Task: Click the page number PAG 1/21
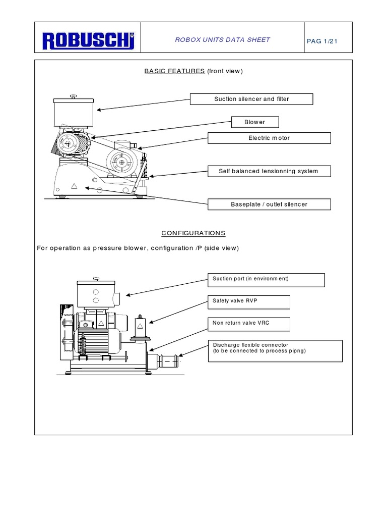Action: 321,41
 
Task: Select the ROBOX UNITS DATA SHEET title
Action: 222,40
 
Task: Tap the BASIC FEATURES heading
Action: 174,71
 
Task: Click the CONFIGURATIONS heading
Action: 193,233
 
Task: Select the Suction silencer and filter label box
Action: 251,99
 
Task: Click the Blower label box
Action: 254,122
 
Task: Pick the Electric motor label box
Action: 269,138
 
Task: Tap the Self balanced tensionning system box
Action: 269,171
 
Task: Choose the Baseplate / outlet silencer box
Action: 269,204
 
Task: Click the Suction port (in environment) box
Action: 266,279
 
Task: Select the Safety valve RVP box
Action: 248,302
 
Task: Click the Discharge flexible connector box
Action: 275,351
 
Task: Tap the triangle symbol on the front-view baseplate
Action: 74,186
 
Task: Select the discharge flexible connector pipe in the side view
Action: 166,361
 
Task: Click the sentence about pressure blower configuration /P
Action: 138,248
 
